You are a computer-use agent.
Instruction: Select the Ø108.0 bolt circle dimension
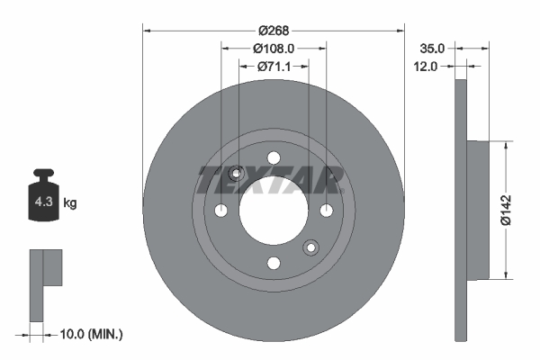pyautogui.click(x=274, y=48)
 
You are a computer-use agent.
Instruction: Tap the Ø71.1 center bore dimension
pyautogui.click(x=274, y=66)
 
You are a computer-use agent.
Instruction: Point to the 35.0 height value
pyautogui.click(x=434, y=48)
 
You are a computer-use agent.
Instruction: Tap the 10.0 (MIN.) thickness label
pyautogui.click(x=91, y=334)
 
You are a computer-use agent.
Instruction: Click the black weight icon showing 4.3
pyautogui.click(x=42, y=203)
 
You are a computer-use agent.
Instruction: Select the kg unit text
pyautogui.click(x=69, y=204)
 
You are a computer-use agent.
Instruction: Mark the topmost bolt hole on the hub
pyautogui.click(x=274, y=157)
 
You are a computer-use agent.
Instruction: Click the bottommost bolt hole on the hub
pyautogui.click(x=274, y=262)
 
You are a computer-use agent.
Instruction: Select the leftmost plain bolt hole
pyautogui.click(x=221, y=210)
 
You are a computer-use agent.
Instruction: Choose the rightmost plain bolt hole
pyautogui.click(x=326, y=210)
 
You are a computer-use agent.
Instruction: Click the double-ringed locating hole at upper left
pyautogui.click(x=237, y=174)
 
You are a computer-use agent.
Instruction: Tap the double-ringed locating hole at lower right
pyautogui.click(x=310, y=247)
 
